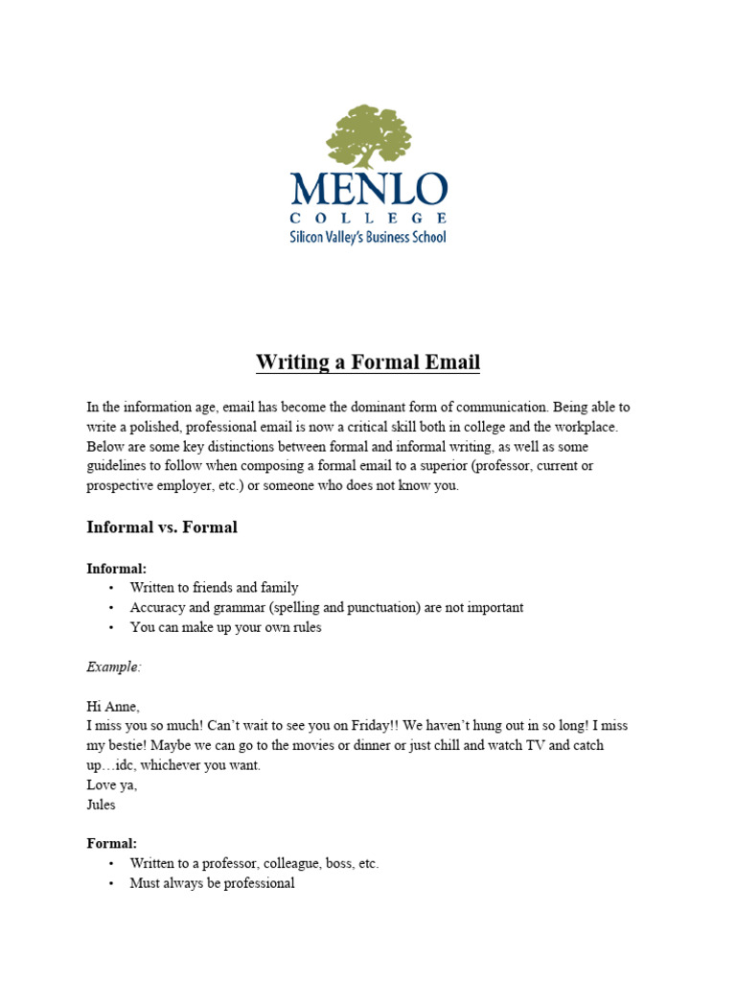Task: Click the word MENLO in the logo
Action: click(x=369, y=188)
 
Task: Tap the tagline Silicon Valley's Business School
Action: click(x=368, y=236)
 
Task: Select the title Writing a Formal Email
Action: click(x=368, y=362)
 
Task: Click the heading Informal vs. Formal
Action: click(x=162, y=527)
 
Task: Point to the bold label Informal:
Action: click(x=117, y=569)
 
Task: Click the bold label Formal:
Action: click(x=112, y=844)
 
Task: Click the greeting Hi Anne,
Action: click(x=113, y=707)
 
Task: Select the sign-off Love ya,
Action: click(x=112, y=785)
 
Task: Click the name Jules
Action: click(x=102, y=805)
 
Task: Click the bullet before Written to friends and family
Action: click(x=111, y=588)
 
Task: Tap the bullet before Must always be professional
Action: click(x=111, y=883)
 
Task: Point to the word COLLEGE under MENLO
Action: click(x=368, y=218)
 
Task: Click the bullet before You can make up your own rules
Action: click(x=111, y=627)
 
